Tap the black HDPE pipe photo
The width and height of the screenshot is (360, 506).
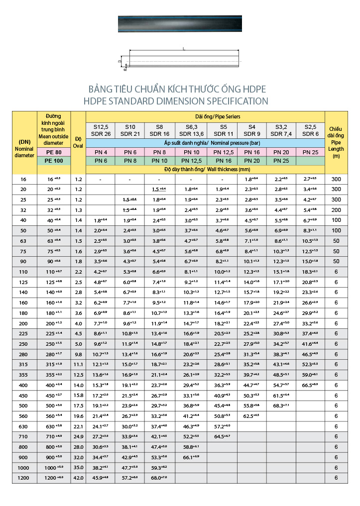(x=180, y=24)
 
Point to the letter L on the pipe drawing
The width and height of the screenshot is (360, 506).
(x=184, y=49)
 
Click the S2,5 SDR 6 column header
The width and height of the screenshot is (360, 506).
(x=310, y=130)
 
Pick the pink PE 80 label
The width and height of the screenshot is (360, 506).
(x=53, y=152)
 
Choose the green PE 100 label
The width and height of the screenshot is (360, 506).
(x=53, y=161)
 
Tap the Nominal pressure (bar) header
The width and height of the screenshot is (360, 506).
(x=205, y=143)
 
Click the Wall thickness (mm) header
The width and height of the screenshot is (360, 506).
(x=205, y=170)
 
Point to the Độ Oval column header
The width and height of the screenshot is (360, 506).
(x=78, y=142)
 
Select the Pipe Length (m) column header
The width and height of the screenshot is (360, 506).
(x=337, y=142)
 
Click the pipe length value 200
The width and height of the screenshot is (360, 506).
(x=337, y=210)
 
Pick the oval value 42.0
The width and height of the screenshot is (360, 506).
(x=78, y=478)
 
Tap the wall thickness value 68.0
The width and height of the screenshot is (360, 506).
(x=159, y=478)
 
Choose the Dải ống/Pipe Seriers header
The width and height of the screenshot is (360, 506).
(x=205, y=116)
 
